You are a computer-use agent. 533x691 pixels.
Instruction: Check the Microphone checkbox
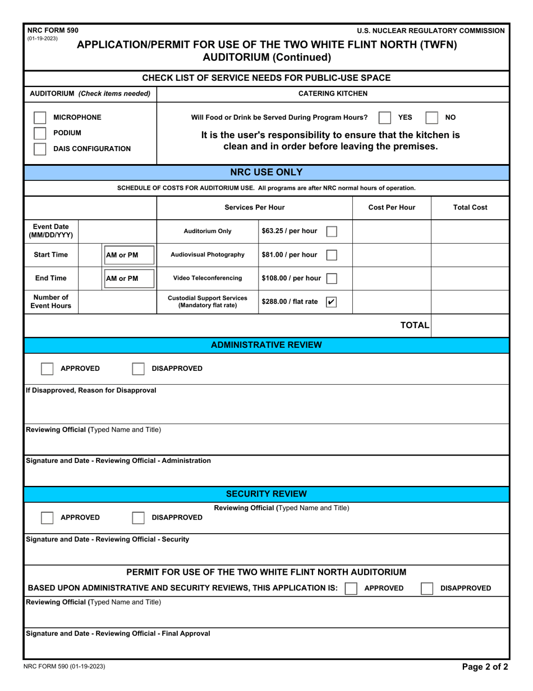point(40,117)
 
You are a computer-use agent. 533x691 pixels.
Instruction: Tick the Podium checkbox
point(40,133)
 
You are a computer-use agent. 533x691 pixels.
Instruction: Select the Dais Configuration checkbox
point(40,149)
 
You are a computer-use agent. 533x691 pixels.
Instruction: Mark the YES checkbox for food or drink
point(384,117)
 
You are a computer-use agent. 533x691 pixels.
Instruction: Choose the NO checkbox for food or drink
point(431,117)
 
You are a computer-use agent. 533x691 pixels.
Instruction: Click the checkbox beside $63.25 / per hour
point(332,231)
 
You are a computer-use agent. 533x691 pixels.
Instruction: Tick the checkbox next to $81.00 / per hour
point(332,254)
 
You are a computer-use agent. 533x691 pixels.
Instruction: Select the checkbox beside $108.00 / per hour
point(332,278)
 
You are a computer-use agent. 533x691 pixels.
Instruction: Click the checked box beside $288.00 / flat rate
point(332,302)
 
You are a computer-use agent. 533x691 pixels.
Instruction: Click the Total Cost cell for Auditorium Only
point(470,231)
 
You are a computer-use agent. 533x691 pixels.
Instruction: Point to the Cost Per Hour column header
point(392,207)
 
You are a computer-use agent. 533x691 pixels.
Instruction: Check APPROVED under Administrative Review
point(48,369)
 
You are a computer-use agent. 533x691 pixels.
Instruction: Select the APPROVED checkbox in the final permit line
point(351,588)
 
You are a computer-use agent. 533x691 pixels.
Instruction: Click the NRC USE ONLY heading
point(266,172)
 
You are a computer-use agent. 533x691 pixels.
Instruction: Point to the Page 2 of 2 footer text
point(485,667)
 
